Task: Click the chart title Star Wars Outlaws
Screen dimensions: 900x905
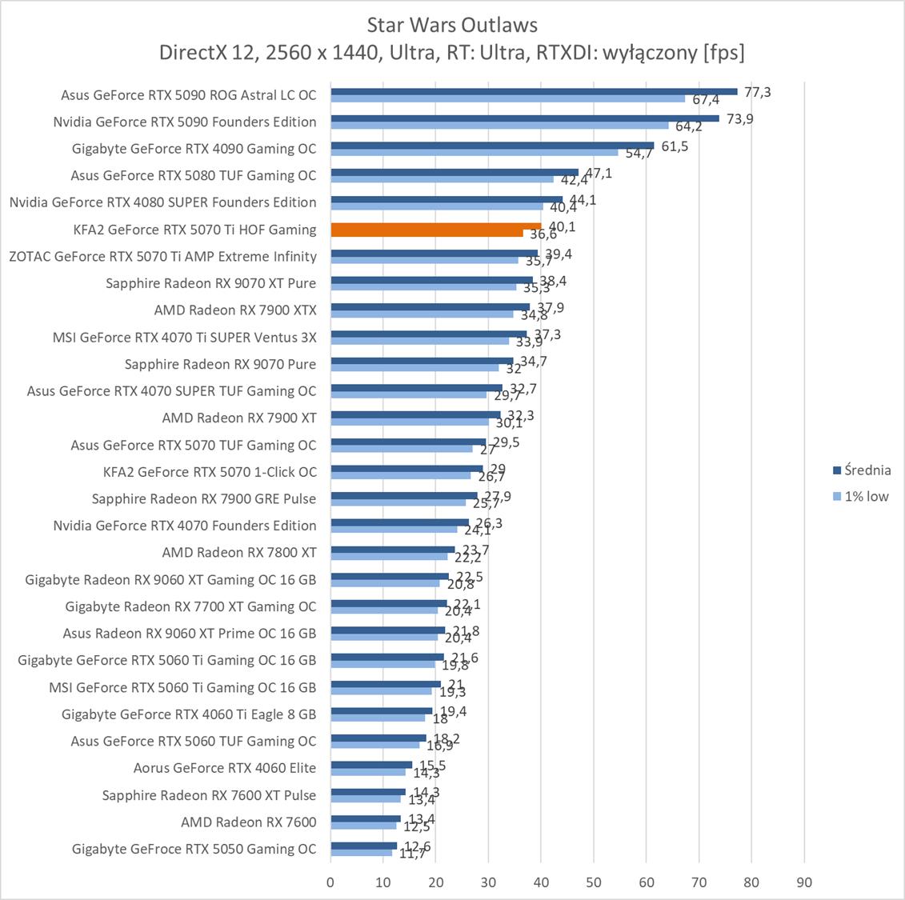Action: pyautogui.click(x=452, y=25)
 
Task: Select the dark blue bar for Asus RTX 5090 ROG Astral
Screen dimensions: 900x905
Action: pyautogui.click(x=534, y=91)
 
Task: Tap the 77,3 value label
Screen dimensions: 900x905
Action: pyautogui.click(x=757, y=92)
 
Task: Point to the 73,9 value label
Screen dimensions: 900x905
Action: pyautogui.click(x=739, y=119)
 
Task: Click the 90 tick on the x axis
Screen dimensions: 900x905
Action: pyautogui.click(x=804, y=882)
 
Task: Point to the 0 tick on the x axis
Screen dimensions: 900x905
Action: pyautogui.click(x=330, y=882)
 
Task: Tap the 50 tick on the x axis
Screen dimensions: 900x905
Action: pyautogui.click(x=594, y=882)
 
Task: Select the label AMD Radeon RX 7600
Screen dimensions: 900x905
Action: pyautogui.click(x=248, y=822)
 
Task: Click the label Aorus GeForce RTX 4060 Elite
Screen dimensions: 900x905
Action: pyautogui.click(x=225, y=768)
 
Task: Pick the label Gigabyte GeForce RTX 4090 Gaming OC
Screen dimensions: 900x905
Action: pyautogui.click(x=194, y=149)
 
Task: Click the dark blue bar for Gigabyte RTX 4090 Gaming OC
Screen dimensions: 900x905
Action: pyautogui.click(x=492, y=146)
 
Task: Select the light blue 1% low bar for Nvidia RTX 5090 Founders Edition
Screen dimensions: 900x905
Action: pyautogui.click(x=499, y=125)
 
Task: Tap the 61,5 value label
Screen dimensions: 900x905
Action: pyautogui.click(x=674, y=146)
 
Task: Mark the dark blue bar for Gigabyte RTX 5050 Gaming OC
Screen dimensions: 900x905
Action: pyautogui.click(x=363, y=846)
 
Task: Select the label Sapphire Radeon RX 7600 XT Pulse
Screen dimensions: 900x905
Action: pyautogui.click(x=209, y=795)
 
